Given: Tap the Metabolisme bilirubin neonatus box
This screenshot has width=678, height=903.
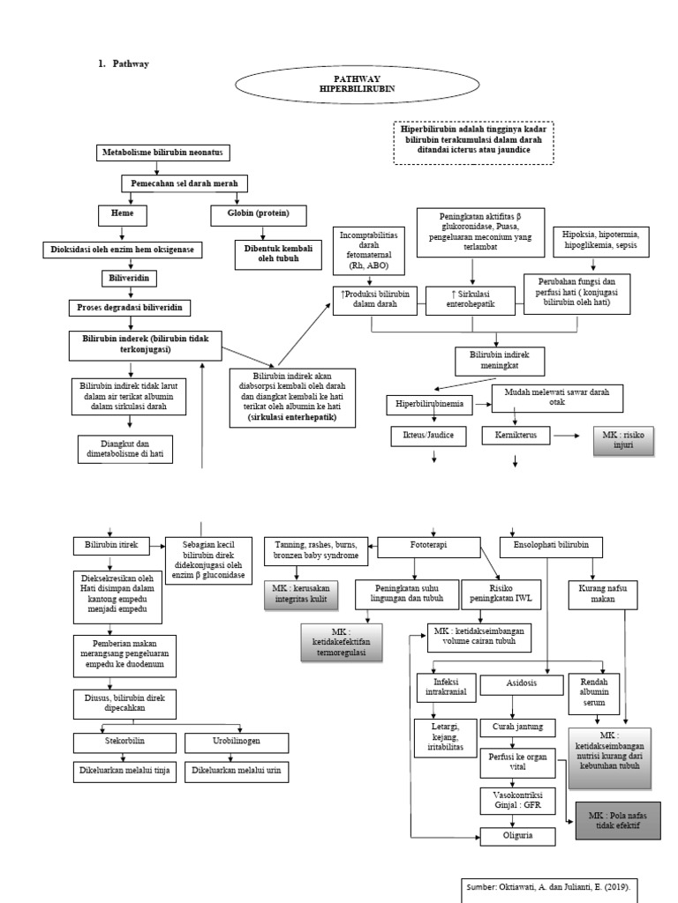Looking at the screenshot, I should coord(165,153).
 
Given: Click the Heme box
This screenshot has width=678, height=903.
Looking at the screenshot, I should coord(123,213).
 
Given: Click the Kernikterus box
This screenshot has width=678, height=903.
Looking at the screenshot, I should coord(516,436).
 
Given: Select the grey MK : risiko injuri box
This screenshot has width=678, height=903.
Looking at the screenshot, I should coord(623,440).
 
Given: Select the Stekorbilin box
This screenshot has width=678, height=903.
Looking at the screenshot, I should coord(123,740).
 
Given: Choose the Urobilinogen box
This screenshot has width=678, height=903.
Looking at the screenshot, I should coord(237,740).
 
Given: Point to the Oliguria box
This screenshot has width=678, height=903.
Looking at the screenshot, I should coord(516,834).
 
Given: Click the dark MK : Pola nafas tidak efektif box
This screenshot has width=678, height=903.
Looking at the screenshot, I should coord(618,821).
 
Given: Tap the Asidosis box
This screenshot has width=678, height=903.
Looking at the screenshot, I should coord(521,684).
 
